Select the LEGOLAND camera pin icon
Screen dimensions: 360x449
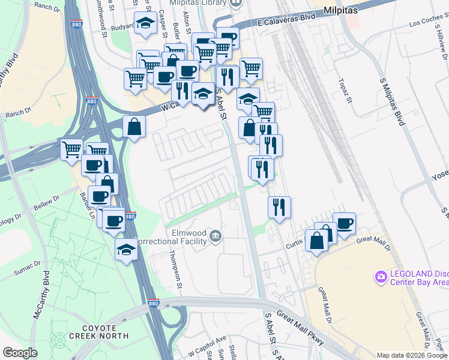(x=380, y=277)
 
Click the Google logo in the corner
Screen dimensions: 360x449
(x=20, y=353)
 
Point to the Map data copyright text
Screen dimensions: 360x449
(x=412, y=355)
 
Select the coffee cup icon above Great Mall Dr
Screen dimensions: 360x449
(x=344, y=224)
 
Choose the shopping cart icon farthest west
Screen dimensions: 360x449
(x=72, y=148)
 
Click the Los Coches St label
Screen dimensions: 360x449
(x=427, y=25)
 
